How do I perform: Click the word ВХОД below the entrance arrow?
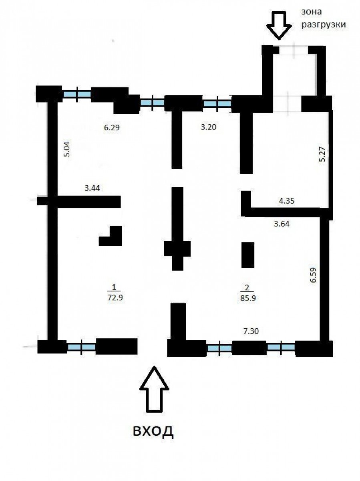153,431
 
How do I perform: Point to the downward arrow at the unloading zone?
279,26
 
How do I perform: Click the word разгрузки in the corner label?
324,25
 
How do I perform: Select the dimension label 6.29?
112,127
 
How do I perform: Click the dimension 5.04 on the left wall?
67,149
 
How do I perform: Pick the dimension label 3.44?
93,188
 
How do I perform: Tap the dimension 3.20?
209,127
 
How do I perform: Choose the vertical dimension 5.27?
322,154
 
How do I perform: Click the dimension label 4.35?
287,201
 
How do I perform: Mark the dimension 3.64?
282,224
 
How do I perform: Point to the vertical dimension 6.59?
313,275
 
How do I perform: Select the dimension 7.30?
251,331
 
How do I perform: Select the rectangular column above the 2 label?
248,255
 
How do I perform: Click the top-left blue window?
77,94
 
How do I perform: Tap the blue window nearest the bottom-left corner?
81,347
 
